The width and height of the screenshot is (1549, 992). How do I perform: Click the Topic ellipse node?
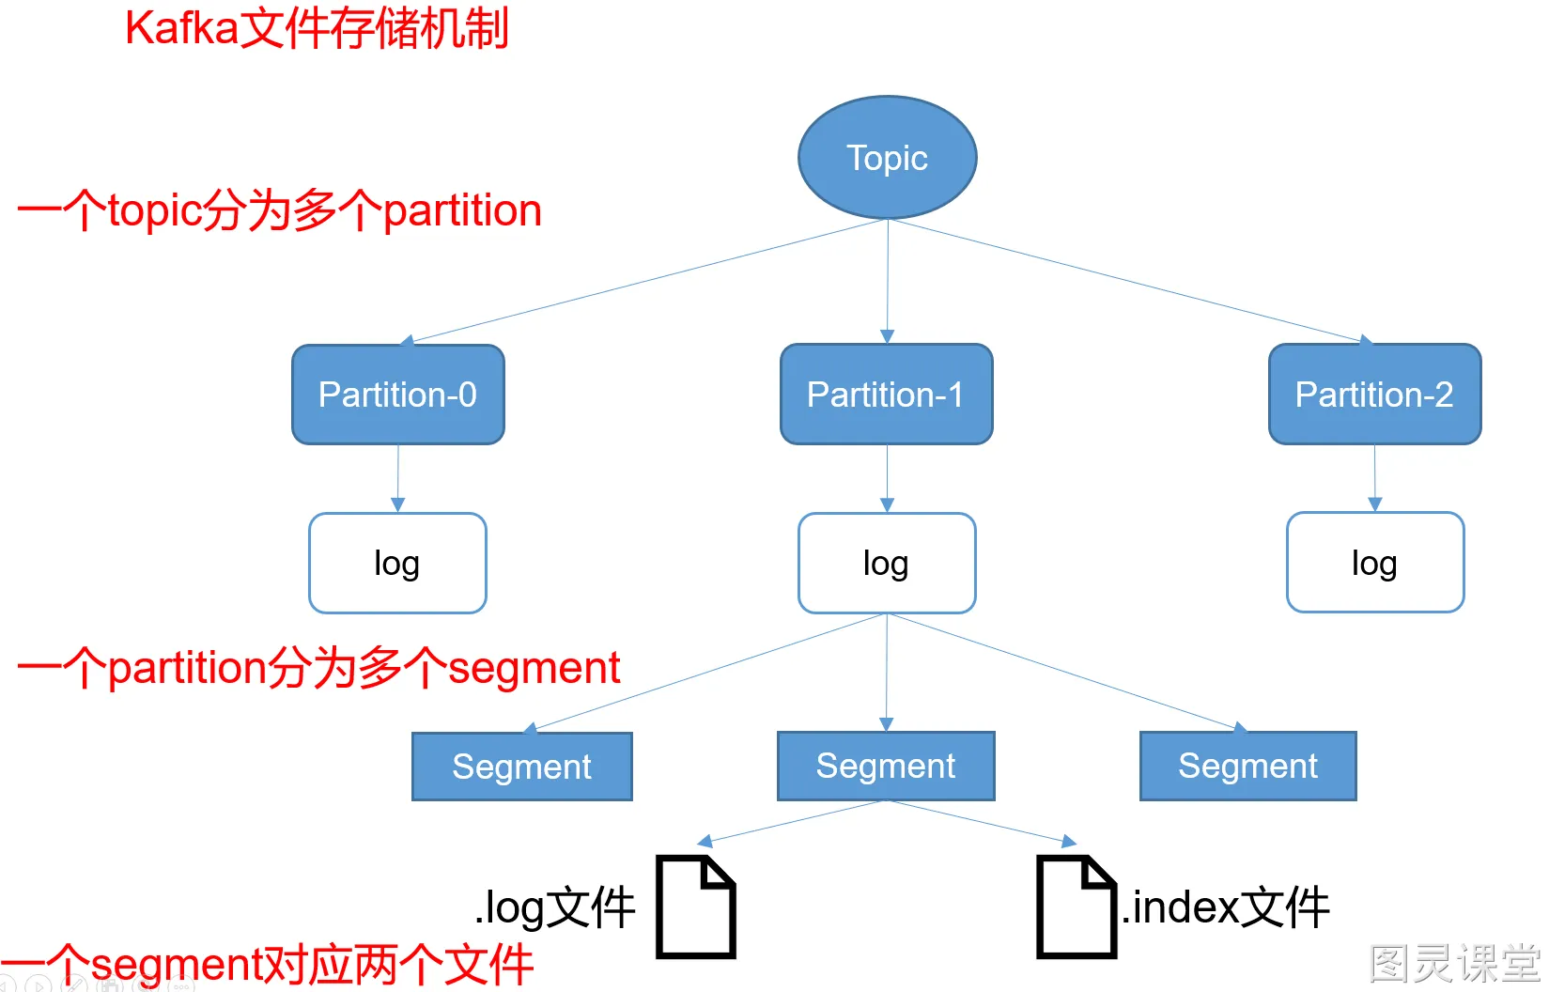(x=887, y=158)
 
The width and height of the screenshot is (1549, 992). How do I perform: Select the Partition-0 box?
(x=397, y=395)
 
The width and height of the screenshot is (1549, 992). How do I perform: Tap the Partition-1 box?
(x=886, y=395)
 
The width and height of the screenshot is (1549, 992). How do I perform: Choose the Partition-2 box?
(x=1374, y=395)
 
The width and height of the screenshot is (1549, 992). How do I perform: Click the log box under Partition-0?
(x=397, y=564)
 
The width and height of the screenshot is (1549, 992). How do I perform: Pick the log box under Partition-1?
(x=886, y=564)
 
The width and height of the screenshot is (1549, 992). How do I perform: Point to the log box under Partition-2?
(x=1374, y=563)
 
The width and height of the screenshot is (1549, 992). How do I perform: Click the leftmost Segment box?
(x=521, y=767)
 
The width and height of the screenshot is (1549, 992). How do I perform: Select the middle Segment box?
(x=885, y=766)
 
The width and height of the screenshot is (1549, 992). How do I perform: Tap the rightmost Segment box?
(x=1247, y=766)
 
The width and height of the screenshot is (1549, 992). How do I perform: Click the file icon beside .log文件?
(x=695, y=907)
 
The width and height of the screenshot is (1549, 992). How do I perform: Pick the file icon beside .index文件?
(x=1076, y=907)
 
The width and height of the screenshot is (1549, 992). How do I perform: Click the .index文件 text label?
(x=1226, y=907)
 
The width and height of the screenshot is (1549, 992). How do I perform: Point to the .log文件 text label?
(x=555, y=908)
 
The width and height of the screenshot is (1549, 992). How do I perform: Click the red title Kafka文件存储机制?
(x=317, y=28)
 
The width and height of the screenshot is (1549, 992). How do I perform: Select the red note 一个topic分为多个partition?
(x=280, y=210)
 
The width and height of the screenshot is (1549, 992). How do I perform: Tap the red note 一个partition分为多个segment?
(x=319, y=668)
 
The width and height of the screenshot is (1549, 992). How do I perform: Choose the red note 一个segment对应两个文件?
(x=268, y=965)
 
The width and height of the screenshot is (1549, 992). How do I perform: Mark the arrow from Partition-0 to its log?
(x=397, y=478)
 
